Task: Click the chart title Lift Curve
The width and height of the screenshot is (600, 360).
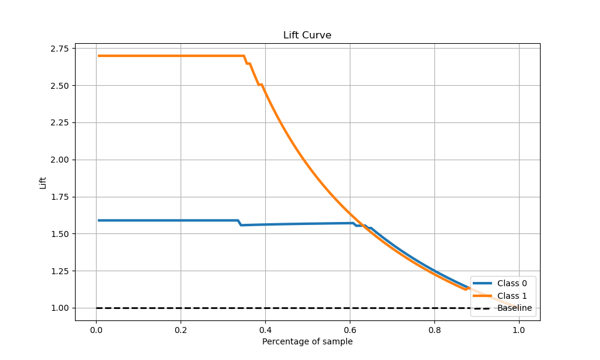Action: coord(307,35)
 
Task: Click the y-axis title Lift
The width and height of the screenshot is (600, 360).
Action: coord(43,182)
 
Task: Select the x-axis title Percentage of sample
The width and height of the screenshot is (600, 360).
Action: coord(307,341)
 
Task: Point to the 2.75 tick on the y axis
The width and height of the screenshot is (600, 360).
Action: coord(59,48)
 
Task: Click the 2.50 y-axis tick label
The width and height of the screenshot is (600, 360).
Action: coord(59,85)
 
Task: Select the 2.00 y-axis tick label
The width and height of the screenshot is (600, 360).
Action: coord(59,160)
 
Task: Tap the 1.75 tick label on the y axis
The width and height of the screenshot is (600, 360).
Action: coord(59,197)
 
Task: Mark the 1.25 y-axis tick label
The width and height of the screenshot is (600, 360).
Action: coord(59,271)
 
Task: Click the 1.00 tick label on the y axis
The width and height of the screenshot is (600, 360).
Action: coord(59,308)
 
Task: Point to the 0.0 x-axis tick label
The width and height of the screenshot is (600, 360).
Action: coord(96,329)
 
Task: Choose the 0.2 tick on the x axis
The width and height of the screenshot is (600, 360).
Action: coord(181,329)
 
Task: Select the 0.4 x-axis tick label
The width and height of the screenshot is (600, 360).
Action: coord(265,329)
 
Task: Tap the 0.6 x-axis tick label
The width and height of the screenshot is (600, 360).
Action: coord(350,329)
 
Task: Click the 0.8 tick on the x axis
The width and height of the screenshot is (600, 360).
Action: coord(434,329)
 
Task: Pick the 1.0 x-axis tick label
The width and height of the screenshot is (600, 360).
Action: coord(519,329)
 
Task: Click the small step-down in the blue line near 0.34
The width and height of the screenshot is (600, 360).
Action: coord(239,223)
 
